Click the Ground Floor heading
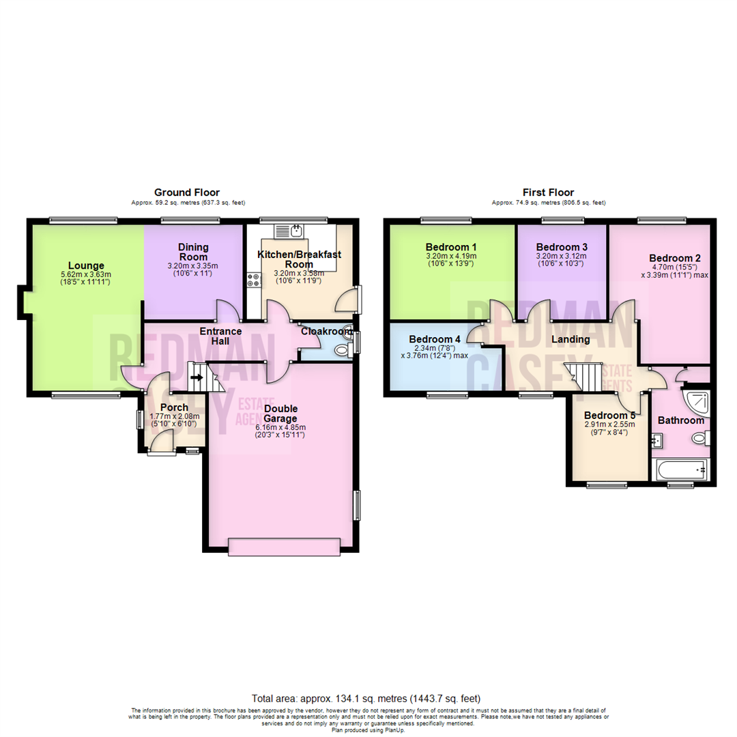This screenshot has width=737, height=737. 186,192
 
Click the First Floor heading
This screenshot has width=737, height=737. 548,192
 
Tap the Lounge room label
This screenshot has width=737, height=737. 86,265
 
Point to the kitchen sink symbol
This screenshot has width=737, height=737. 296,231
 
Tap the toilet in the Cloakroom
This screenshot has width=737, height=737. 342,349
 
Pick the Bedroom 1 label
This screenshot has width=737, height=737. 450,247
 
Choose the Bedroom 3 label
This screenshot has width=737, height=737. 562,247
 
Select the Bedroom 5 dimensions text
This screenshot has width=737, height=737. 609,427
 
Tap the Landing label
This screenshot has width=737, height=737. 571,339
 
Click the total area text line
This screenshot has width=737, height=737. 366,698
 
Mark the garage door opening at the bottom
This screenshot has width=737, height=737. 284,545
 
